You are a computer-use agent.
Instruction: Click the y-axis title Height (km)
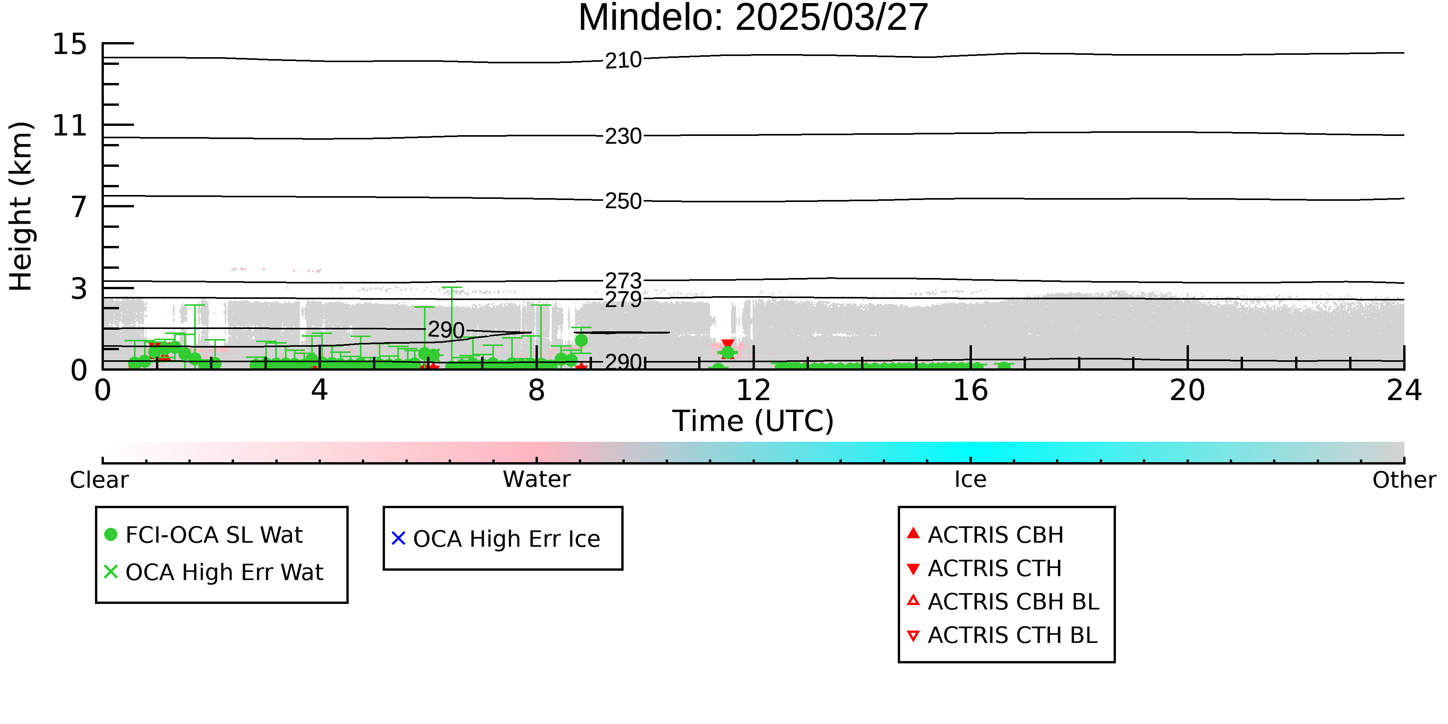pyautogui.click(x=21, y=206)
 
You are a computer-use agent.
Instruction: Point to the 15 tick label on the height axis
pyautogui.click(x=70, y=44)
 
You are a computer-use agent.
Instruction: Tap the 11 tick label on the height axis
pyautogui.click(x=70, y=125)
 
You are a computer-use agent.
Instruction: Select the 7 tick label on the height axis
pyautogui.click(x=79, y=207)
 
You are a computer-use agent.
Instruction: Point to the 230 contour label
pyautogui.click(x=623, y=136)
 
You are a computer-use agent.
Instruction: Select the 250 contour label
pyautogui.click(x=623, y=201)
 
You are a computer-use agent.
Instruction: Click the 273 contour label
pyautogui.click(x=623, y=280)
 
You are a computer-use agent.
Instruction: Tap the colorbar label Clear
pyautogui.click(x=99, y=480)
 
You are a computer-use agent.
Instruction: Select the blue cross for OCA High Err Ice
pyautogui.click(x=398, y=539)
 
